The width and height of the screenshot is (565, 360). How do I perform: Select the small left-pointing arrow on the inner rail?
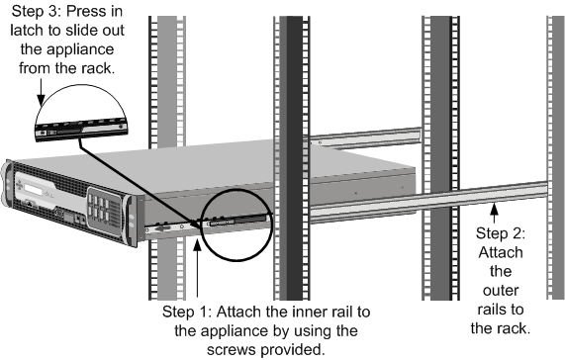[x=163, y=227]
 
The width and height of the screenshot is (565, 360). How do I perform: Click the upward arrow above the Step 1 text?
[x=197, y=268]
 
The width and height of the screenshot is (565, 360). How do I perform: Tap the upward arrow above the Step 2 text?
[x=495, y=213]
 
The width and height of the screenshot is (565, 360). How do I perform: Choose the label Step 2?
[x=501, y=233]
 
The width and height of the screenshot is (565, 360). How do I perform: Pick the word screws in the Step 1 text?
[x=232, y=349]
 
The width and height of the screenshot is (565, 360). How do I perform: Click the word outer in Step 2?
[x=501, y=290]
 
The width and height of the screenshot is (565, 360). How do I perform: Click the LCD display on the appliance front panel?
[x=36, y=189]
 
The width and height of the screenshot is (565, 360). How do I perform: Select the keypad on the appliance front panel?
[x=101, y=209]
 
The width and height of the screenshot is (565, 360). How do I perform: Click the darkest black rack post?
[x=294, y=158]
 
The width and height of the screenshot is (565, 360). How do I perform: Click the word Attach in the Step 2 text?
[x=501, y=252]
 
